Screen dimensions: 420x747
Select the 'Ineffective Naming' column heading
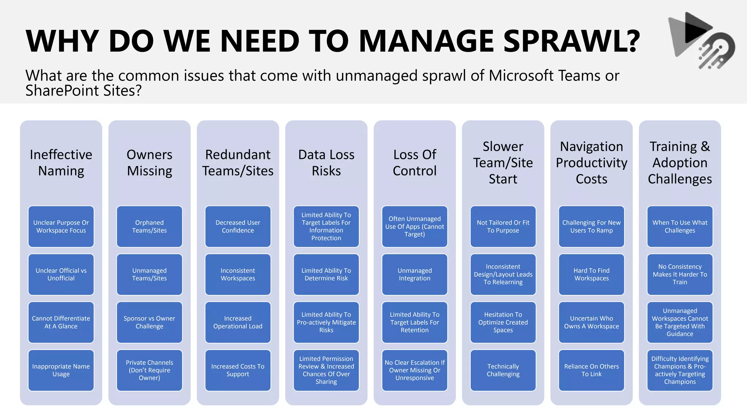tap(61, 163)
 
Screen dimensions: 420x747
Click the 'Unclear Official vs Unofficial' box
tap(61, 274)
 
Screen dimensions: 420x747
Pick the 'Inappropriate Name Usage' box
tap(61, 370)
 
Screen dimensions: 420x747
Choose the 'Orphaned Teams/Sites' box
tap(150, 226)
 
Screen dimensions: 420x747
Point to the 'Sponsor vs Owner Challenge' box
tap(150, 322)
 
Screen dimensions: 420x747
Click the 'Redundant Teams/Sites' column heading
tap(238, 163)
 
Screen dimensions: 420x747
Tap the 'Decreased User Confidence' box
tap(238, 226)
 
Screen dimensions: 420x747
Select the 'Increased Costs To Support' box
tap(238, 370)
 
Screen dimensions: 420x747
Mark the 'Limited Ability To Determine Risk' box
tap(326, 274)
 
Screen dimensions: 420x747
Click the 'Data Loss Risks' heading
tap(326, 163)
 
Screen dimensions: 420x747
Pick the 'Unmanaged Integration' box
tap(415, 274)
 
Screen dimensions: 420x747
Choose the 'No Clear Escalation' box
tap(415, 370)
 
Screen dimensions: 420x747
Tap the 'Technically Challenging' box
tap(503, 370)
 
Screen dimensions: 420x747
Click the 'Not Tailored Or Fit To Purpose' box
tap(503, 226)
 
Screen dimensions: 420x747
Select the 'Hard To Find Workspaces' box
tap(591, 274)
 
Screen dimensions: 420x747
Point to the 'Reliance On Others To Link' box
tap(591, 370)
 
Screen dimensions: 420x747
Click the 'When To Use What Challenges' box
tap(680, 226)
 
